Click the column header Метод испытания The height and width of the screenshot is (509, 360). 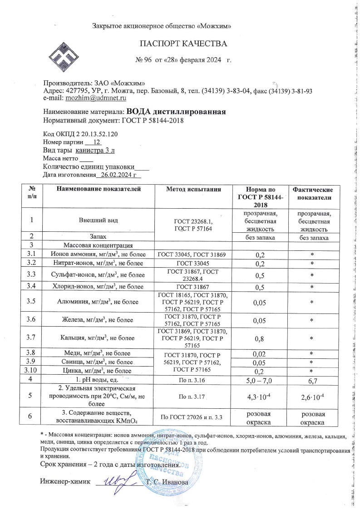coord(194,190)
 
